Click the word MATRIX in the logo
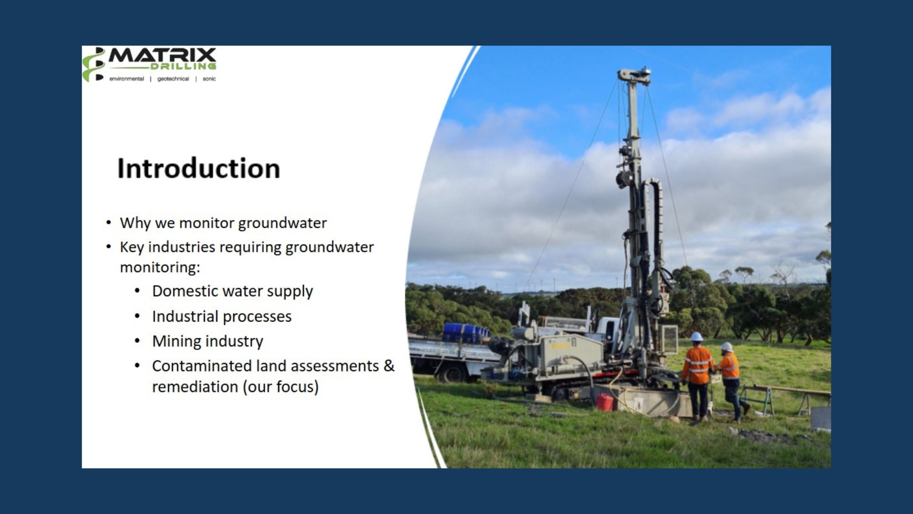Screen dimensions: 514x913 pos(162,56)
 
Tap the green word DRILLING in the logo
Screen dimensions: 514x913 pos(183,66)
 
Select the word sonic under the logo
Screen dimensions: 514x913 pos(209,79)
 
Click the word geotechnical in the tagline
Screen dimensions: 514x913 pos(173,79)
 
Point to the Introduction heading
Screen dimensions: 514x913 pos(199,168)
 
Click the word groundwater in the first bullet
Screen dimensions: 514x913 pos(282,223)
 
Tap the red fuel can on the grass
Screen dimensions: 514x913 pos(605,402)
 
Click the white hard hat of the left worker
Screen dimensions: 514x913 pos(697,336)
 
